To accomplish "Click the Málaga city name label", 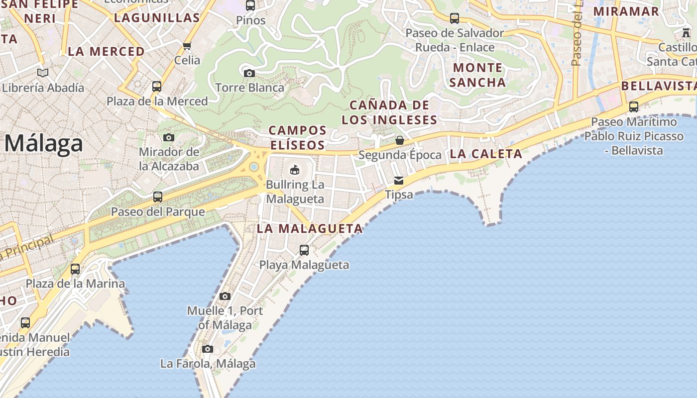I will click(x=44, y=144).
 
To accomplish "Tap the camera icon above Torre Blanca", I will click(x=249, y=74).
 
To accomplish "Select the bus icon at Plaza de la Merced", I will click(x=157, y=87).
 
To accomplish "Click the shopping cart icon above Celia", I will click(x=187, y=46).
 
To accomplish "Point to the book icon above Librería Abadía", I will click(x=43, y=73).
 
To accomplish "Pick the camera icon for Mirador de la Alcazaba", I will click(x=169, y=137).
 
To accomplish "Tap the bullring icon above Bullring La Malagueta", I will click(x=295, y=170).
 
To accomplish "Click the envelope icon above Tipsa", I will click(x=399, y=181).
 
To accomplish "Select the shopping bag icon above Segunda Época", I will click(x=399, y=141).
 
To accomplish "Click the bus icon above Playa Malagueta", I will click(x=304, y=250).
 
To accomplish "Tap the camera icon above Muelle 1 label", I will click(x=225, y=297).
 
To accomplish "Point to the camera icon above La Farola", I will click(x=208, y=349).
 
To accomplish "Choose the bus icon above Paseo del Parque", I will click(x=158, y=197).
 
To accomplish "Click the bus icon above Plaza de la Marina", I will click(x=75, y=269).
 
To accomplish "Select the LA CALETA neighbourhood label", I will click(x=486, y=154).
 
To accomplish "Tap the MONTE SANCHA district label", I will click(x=477, y=75).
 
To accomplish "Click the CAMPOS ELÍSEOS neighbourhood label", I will click(x=297, y=138).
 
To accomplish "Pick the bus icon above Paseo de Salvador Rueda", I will click(x=455, y=18).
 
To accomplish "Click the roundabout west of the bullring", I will click(x=254, y=167).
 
